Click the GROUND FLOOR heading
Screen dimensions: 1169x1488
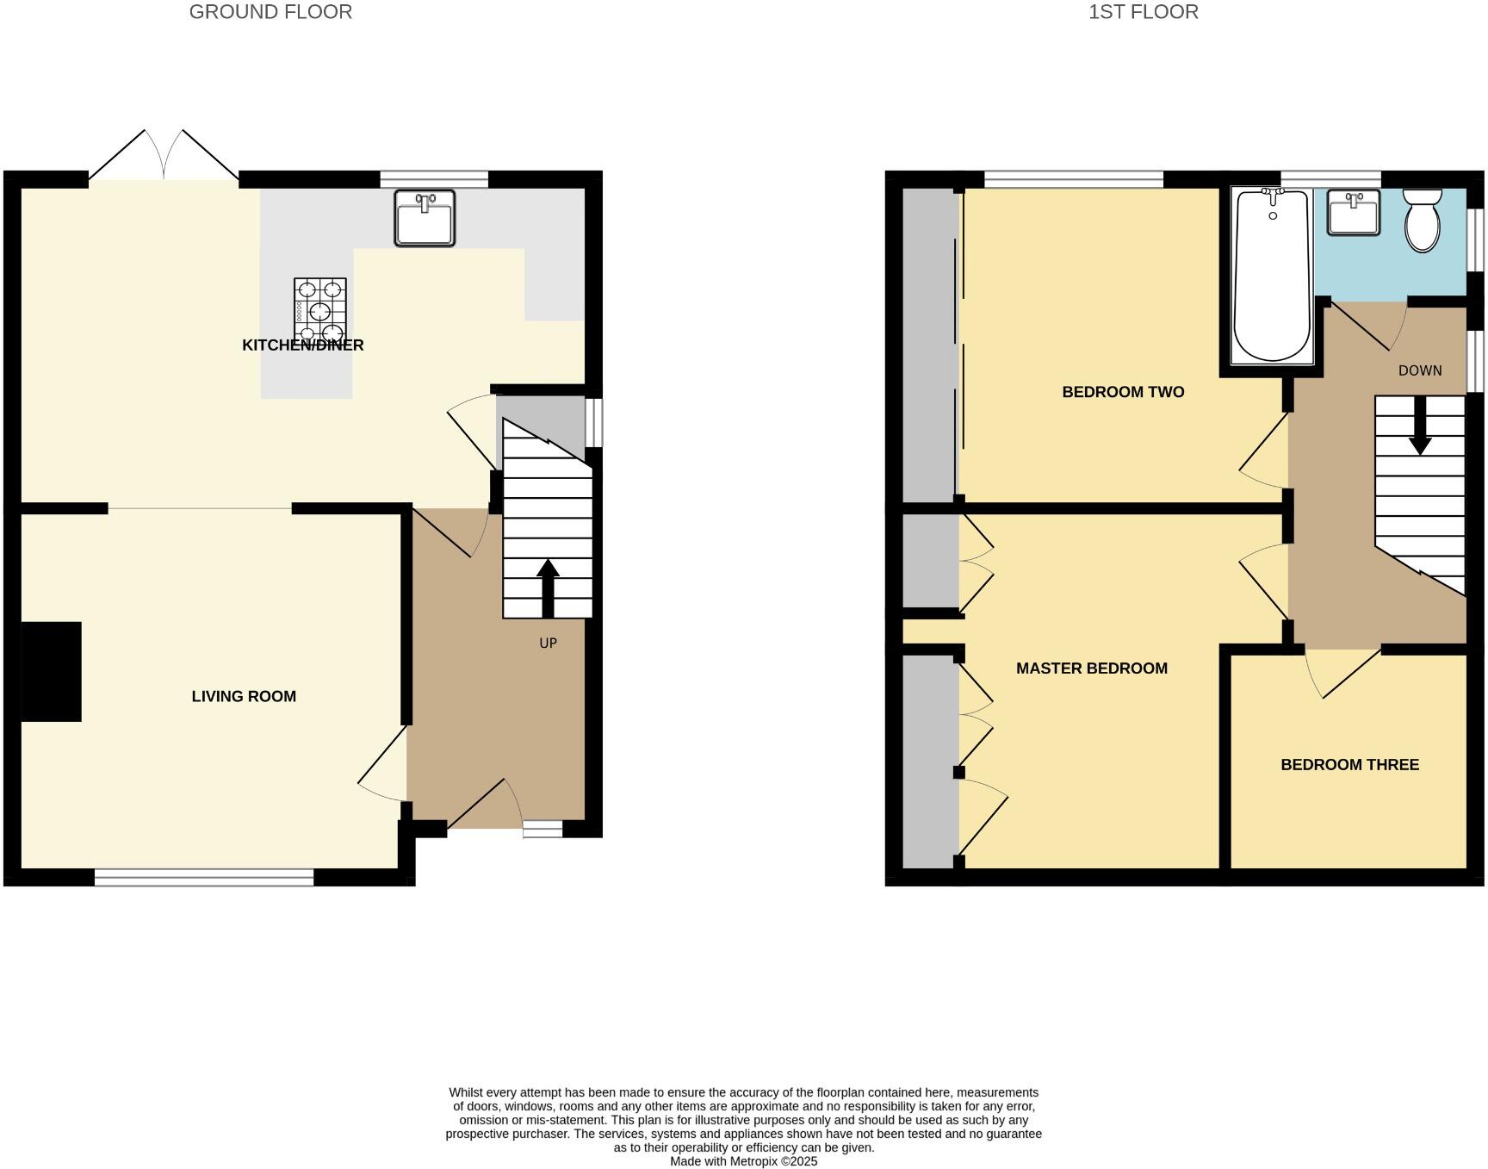(270, 12)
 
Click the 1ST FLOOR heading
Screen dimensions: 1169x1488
(1143, 12)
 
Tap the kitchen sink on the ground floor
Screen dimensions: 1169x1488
(425, 218)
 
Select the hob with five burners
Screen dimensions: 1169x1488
(320, 310)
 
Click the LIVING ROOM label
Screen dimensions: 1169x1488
(244, 696)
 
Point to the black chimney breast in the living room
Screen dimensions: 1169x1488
(51, 671)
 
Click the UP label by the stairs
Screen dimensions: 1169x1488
(548, 643)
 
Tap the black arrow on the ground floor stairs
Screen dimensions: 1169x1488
(548, 586)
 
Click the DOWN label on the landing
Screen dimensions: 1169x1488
(1419, 370)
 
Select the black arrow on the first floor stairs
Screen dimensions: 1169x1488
(1420, 431)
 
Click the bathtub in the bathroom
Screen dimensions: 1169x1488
(1272, 276)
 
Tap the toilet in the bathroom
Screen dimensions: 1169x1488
(1422, 221)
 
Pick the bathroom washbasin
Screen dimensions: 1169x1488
(1353, 212)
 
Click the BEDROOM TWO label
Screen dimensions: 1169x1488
(1123, 392)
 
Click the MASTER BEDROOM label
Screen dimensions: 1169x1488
(1091, 668)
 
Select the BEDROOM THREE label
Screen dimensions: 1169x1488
(1349, 765)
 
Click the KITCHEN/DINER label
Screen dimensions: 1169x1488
(303, 345)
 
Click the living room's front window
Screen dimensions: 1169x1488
(204, 877)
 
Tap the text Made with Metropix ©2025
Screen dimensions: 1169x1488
(743, 1161)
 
